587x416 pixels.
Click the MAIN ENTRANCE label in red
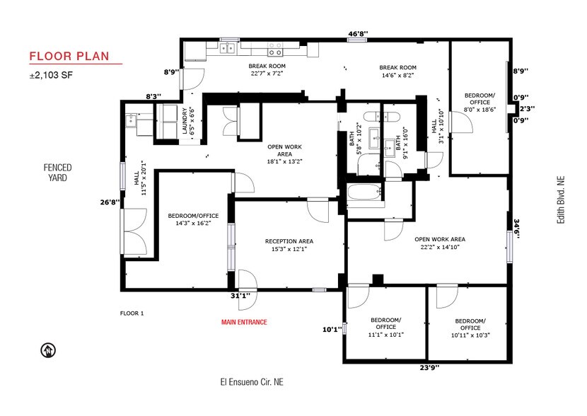pyautogui.click(x=244, y=322)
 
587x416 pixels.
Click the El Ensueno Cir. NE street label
pyautogui.click(x=251, y=382)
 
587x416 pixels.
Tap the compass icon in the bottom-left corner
pyautogui.click(x=48, y=350)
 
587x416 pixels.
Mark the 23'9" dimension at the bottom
pyautogui.click(x=429, y=367)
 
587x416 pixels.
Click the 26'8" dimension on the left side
pyautogui.click(x=110, y=202)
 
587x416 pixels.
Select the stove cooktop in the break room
pyautogui.click(x=275, y=50)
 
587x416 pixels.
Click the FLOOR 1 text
pyautogui.click(x=132, y=313)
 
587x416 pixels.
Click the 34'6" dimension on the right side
pyautogui.click(x=516, y=229)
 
